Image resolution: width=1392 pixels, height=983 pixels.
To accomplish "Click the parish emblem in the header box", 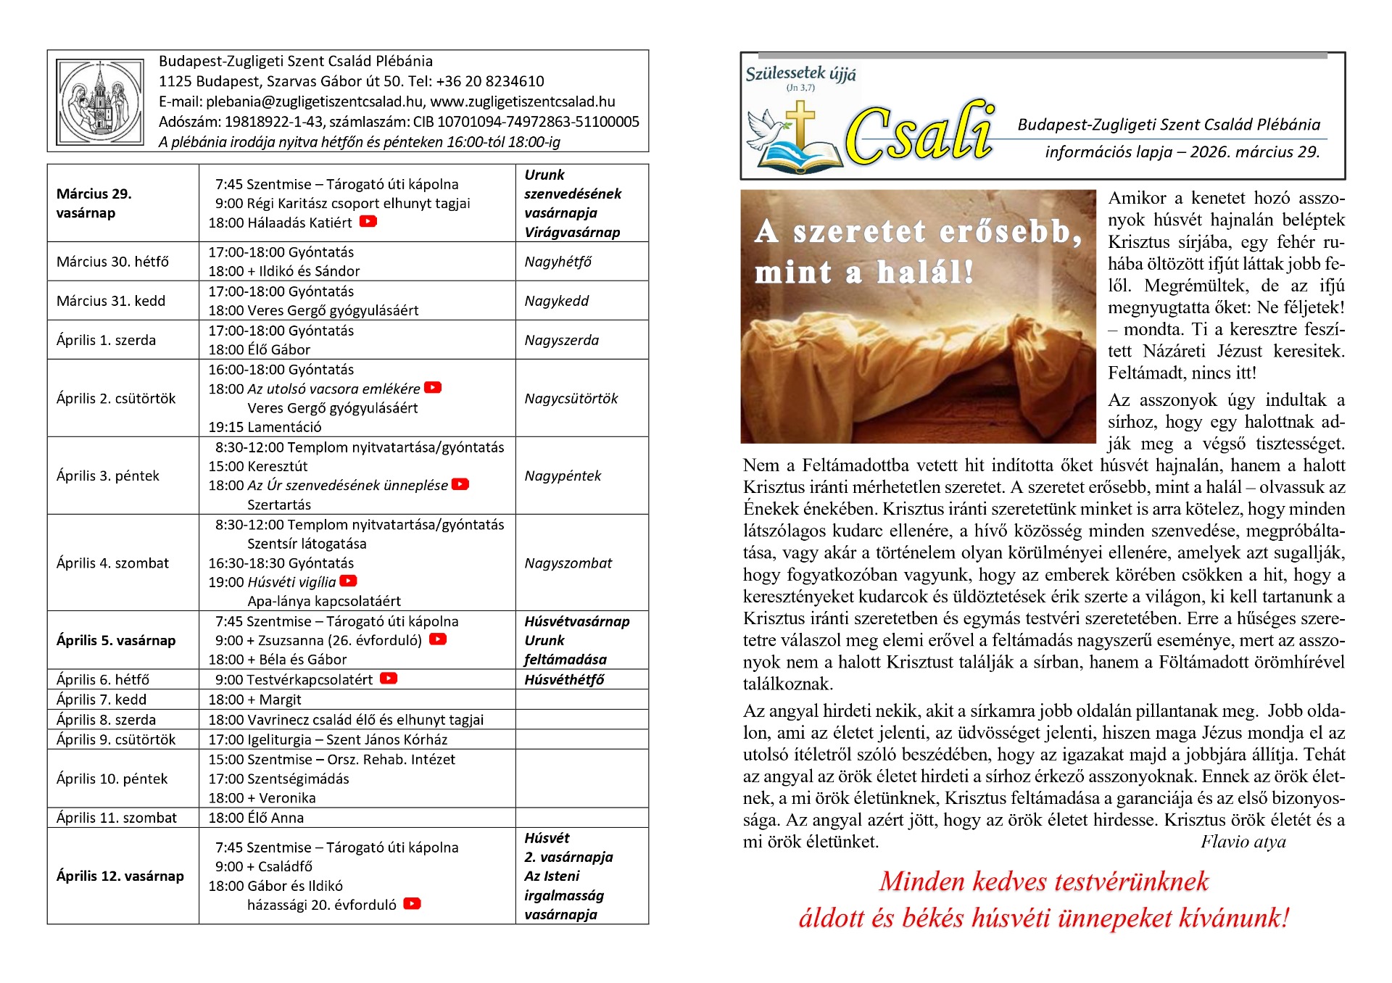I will (100, 101).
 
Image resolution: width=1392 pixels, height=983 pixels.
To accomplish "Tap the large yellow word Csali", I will (919, 136).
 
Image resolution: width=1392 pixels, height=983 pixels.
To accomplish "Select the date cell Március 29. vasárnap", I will (94, 203).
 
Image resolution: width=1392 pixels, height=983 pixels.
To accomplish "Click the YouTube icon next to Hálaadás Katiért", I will (368, 221).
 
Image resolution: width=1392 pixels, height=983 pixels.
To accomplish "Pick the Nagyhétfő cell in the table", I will (558, 262).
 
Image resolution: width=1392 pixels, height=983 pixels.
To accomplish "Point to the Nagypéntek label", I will (563, 476).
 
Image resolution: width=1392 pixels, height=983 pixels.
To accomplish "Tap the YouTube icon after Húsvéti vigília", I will (349, 581).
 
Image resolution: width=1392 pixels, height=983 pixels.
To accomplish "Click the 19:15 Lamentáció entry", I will (265, 427).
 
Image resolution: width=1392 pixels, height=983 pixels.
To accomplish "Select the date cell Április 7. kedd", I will (101, 700).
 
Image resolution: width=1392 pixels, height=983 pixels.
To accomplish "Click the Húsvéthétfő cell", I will (564, 680).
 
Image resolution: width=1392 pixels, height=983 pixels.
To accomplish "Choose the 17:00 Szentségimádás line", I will (279, 779).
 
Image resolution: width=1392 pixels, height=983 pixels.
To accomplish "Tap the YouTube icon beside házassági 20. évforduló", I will (412, 903).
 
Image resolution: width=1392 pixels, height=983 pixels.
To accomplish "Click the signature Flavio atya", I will (1243, 842).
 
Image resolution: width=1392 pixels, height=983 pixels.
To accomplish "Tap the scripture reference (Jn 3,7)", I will (800, 88).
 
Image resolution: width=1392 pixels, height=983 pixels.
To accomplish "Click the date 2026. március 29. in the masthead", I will (1255, 152).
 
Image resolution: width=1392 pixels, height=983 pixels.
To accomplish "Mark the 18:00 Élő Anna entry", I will (256, 818).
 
